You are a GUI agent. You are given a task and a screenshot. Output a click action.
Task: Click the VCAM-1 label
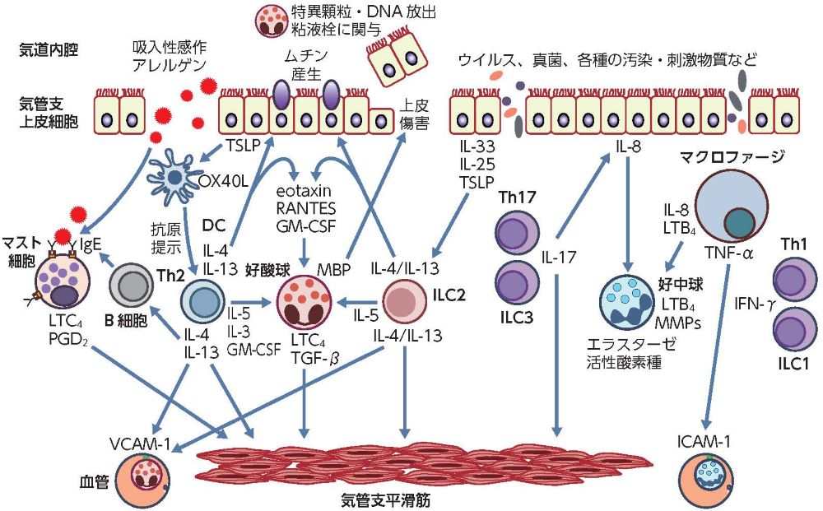140,444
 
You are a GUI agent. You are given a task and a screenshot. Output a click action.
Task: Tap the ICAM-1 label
703,439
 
